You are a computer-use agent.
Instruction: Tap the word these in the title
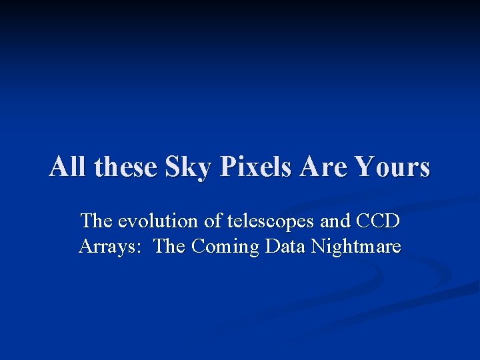[124, 167]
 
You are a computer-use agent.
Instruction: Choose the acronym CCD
[378, 221]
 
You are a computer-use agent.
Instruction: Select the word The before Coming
[170, 247]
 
